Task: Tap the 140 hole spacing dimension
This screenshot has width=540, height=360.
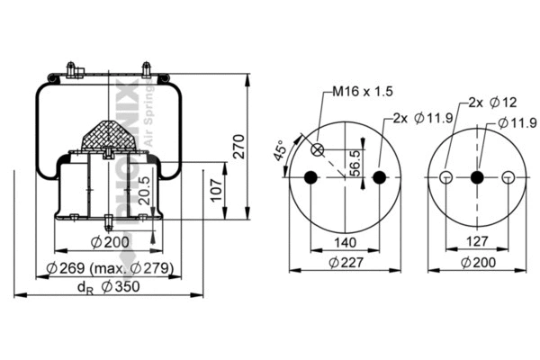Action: (x=345, y=241)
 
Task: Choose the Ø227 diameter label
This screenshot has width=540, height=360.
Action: (x=345, y=263)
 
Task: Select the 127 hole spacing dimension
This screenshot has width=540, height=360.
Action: (x=477, y=241)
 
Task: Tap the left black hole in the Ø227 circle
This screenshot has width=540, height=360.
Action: (x=311, y=177)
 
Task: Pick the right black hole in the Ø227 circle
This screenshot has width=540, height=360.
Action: (x=379, y=177)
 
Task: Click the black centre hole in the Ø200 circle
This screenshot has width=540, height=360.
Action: (x=477, y=177)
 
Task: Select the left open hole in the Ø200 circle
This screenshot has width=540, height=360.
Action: (x=445, y=177)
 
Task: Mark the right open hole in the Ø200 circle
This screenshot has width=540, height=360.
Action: (x=508, y=177)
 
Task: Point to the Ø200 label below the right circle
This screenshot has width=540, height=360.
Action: (x=477, y=263)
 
